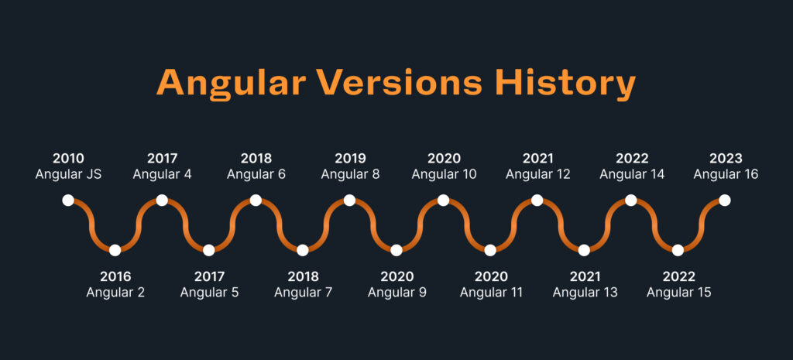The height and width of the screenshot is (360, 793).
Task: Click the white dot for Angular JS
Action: point(68,201)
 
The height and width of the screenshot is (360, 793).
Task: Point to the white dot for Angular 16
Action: point(724,201)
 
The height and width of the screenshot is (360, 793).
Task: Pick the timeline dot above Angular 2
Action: point(115,250)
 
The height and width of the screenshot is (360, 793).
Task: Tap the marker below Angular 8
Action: point(349,201)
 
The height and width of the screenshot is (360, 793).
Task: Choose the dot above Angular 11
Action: point(490,250)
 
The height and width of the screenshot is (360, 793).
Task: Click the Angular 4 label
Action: point(162,174)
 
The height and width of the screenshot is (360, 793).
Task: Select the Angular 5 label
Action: point(209,293)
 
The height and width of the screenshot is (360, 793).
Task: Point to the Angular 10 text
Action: point(444,174)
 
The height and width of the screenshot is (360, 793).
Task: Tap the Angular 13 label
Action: point(585,293)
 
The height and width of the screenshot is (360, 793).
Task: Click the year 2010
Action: point(68,159)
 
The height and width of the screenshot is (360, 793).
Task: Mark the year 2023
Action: point(725,159)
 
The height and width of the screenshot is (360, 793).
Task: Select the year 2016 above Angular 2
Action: point(115,276)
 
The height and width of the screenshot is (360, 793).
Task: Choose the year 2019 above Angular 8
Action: point(350,159)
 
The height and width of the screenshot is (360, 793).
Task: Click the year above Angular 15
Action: point(678,276)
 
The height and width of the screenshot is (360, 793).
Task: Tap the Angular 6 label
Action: point(256,174)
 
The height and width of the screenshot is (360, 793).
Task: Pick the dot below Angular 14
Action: point(631,201)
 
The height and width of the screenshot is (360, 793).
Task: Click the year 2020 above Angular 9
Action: point(396,276)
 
